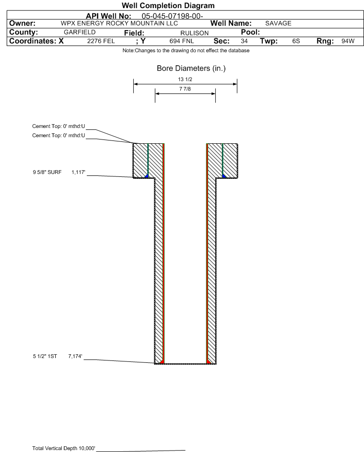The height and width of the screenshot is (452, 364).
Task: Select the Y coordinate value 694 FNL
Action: click(x=178, y=41)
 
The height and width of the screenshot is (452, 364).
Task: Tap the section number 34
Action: click(x=244, y=41)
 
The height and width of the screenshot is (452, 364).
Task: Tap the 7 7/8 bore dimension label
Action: click(x=185, y=89)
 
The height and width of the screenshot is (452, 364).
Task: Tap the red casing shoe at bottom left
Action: click(x=163, y=360)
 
